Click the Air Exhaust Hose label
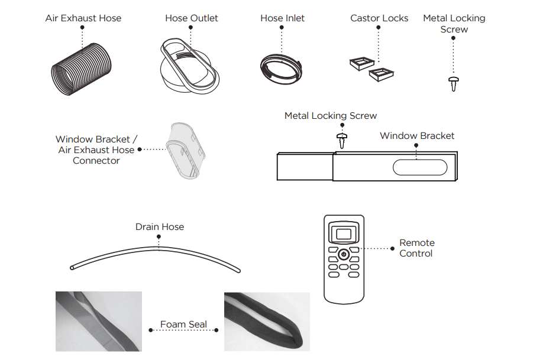83,18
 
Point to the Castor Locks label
379,18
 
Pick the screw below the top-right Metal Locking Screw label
454,83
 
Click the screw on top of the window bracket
341,140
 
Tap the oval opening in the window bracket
420,168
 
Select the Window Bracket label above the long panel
417,136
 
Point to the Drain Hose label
160,227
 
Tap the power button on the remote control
344,254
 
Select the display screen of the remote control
344,233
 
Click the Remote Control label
416,248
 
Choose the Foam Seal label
183,325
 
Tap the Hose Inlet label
282,18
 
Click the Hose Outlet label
191,18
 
